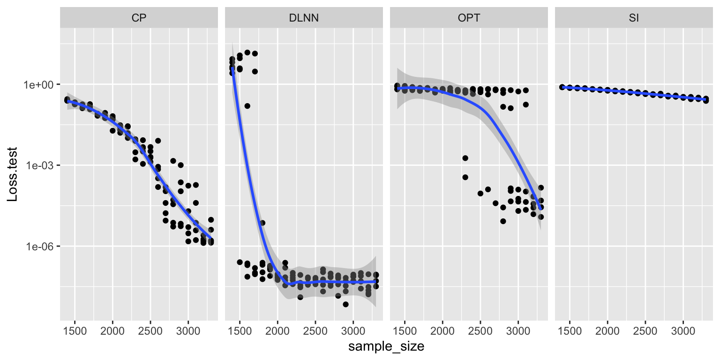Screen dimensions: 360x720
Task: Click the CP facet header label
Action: point(139,18)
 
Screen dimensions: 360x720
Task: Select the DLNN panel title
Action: point(304,18)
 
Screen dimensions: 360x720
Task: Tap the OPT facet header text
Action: point(469,18)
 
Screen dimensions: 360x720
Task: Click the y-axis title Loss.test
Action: point(13,174)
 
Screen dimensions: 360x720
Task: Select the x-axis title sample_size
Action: point(386,347)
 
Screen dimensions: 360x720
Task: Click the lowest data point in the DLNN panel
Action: point(345,304)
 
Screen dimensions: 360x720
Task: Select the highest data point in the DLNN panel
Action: point(247,52)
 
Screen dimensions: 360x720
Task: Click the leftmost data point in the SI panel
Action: point(562,87)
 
